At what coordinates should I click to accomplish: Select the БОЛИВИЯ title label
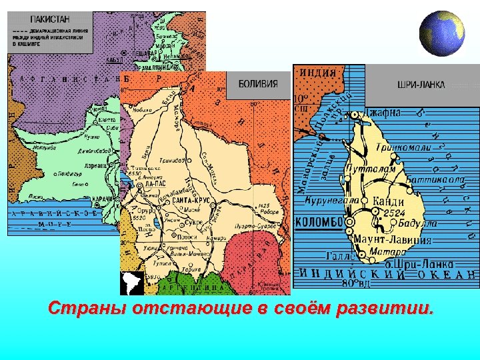point(257,84)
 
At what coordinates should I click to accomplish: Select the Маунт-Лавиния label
point(395,239)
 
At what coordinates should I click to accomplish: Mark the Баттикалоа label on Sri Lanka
point(432,179)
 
